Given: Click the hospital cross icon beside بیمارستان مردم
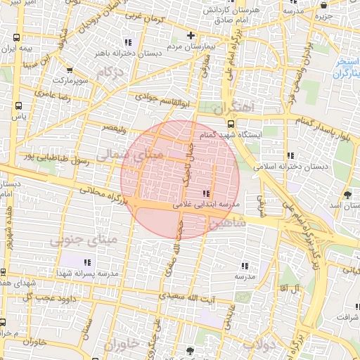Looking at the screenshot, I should coord(190,35).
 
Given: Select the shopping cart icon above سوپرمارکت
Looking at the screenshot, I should coord(69,70).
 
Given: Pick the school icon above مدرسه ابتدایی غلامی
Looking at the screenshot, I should coord(206,193).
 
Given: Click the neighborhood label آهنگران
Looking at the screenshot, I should coord(240,107).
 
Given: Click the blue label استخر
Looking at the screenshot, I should coord(347,60).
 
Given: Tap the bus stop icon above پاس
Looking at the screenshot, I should coord(18,105).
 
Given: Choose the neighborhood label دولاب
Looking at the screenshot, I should coord(259,345).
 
